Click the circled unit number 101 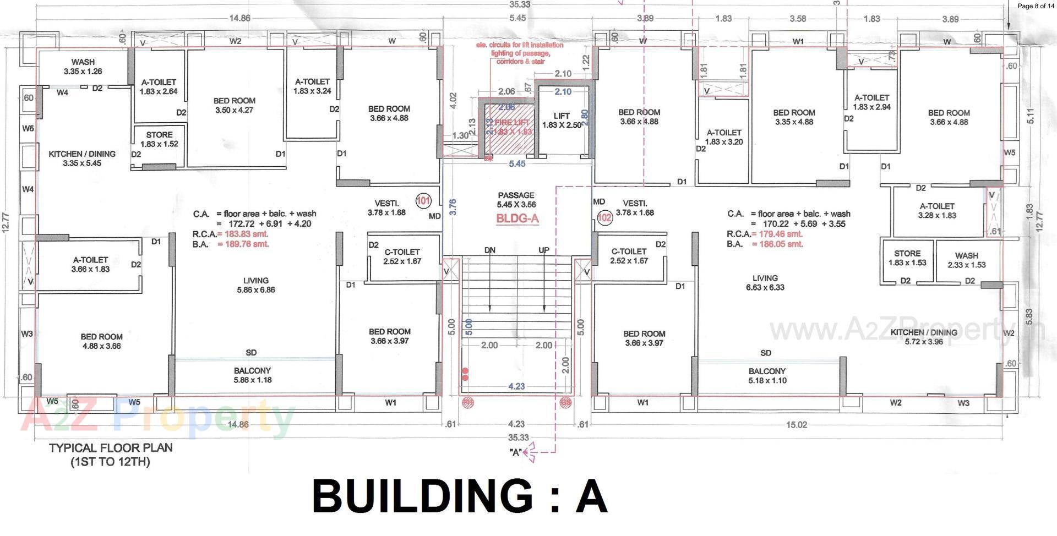423,201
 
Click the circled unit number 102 604,217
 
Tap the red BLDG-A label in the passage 517,219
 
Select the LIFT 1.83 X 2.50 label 562,121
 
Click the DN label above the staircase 489,250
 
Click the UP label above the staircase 543,250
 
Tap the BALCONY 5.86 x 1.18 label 252,375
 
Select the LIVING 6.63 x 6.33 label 765,283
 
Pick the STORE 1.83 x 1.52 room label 159,139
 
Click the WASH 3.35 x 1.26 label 83,67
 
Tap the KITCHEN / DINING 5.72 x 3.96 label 924,337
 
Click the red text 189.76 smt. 243,244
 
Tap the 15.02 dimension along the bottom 796,425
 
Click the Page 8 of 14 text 1036,6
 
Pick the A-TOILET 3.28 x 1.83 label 937,211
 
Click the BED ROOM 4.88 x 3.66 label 101,341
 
